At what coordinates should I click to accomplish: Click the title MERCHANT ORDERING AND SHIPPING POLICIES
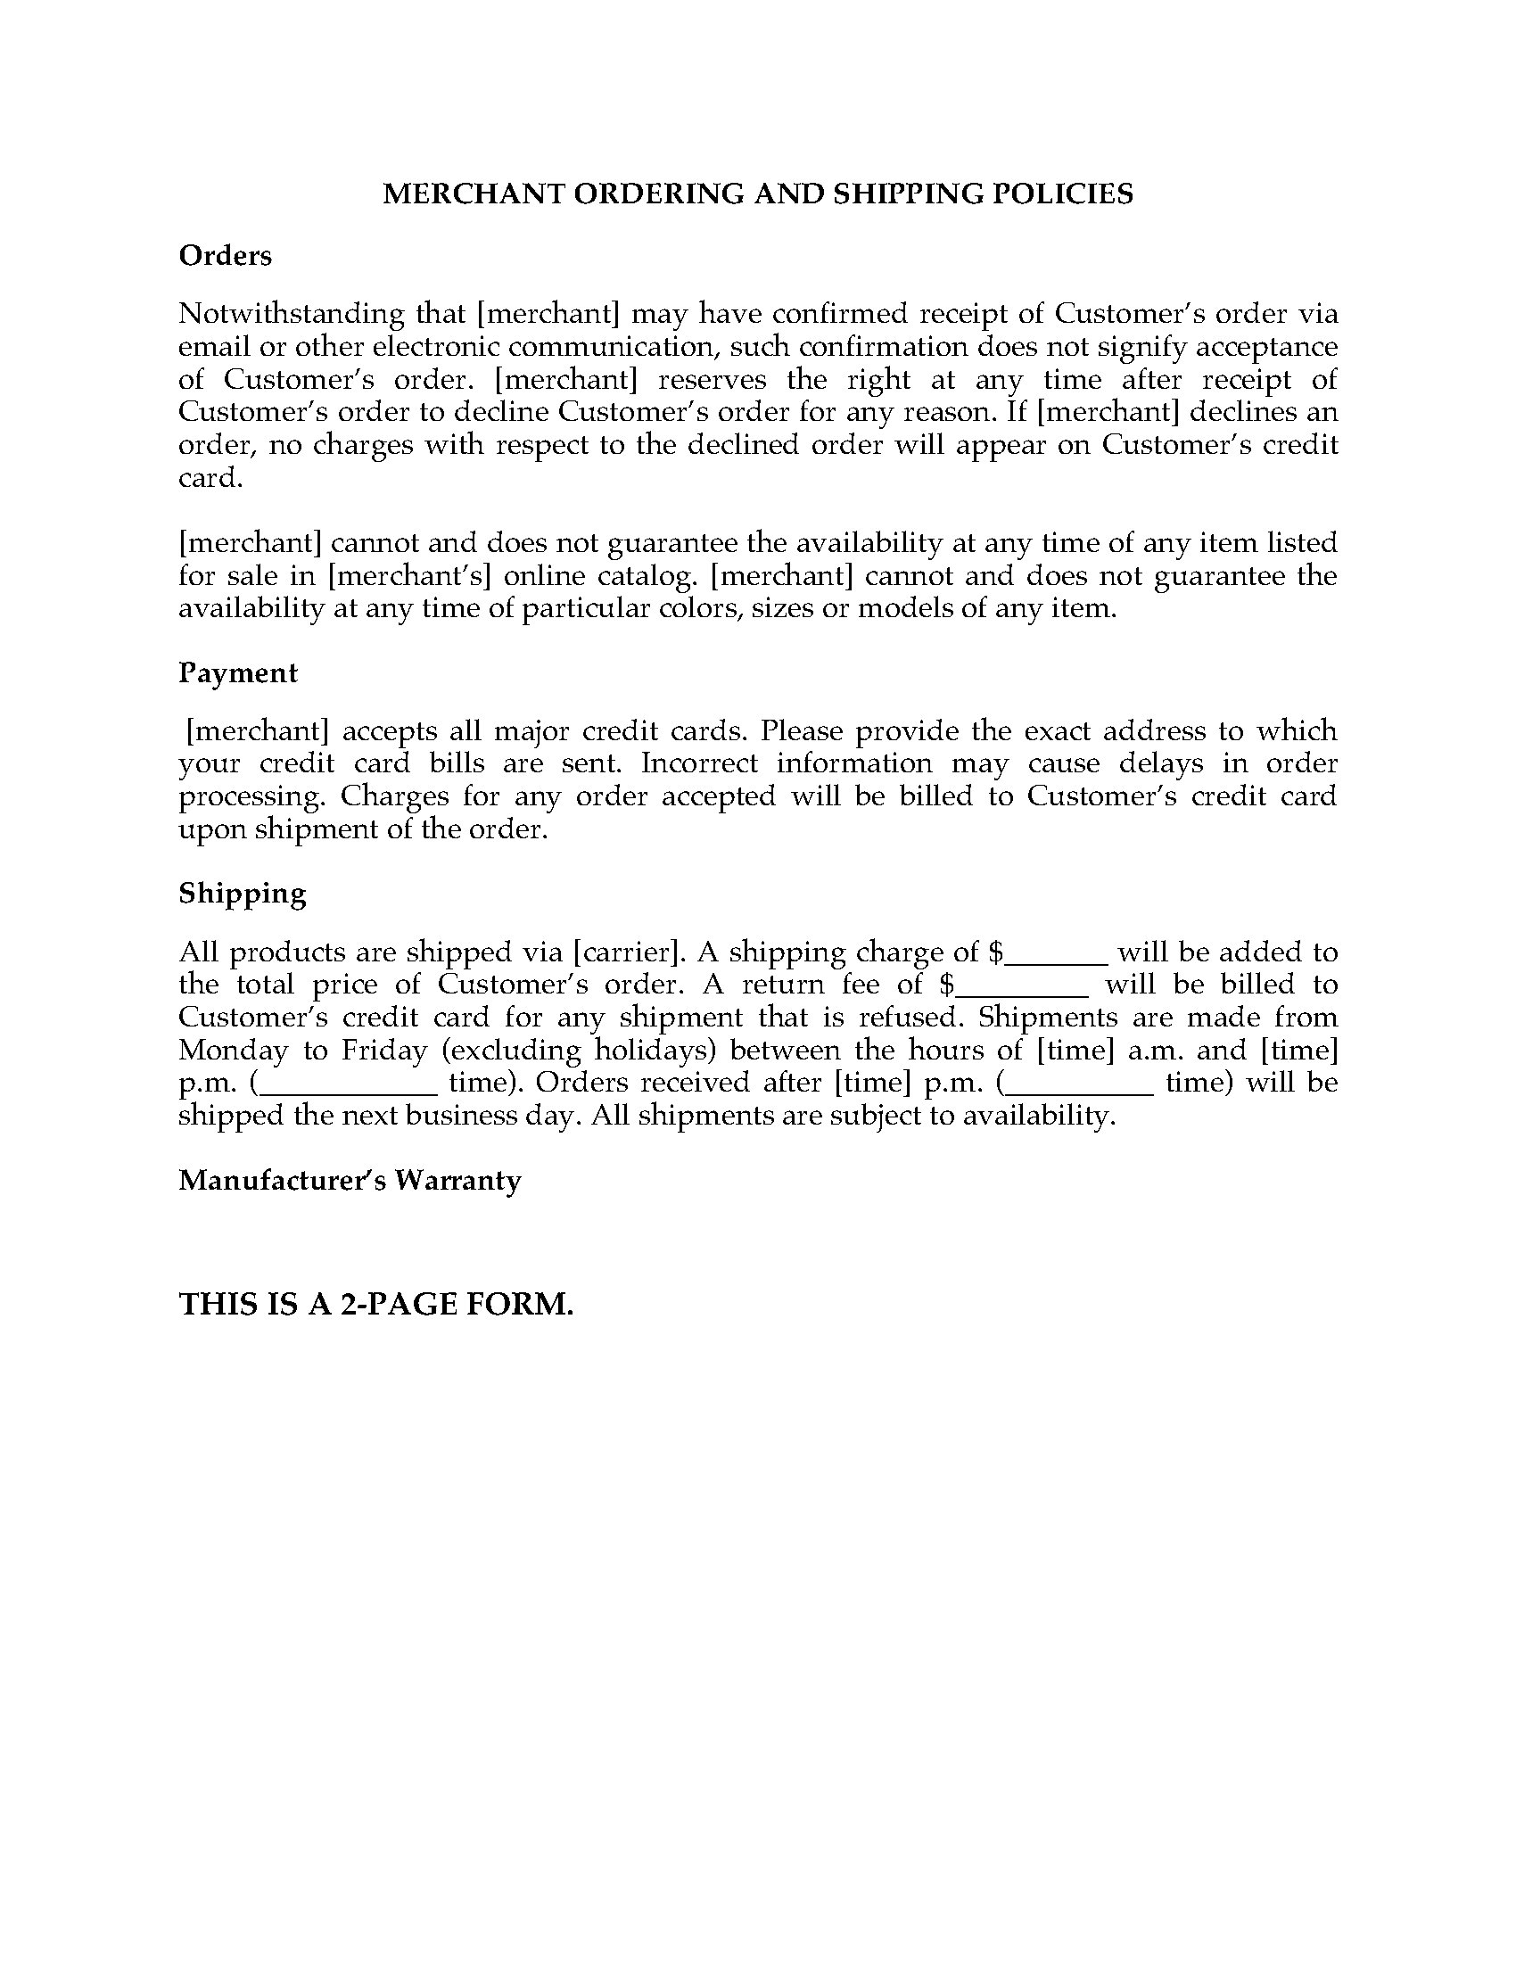coord(757,194)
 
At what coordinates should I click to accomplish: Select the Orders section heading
coord(225,256)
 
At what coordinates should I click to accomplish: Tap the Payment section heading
coord(237,672)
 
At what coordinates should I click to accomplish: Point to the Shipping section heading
coord(242,893)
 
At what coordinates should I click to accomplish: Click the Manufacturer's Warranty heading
coord(350,1180)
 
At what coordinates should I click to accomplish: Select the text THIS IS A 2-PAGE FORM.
coord(375,1304)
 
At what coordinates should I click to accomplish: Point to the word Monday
coord(221,1051)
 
